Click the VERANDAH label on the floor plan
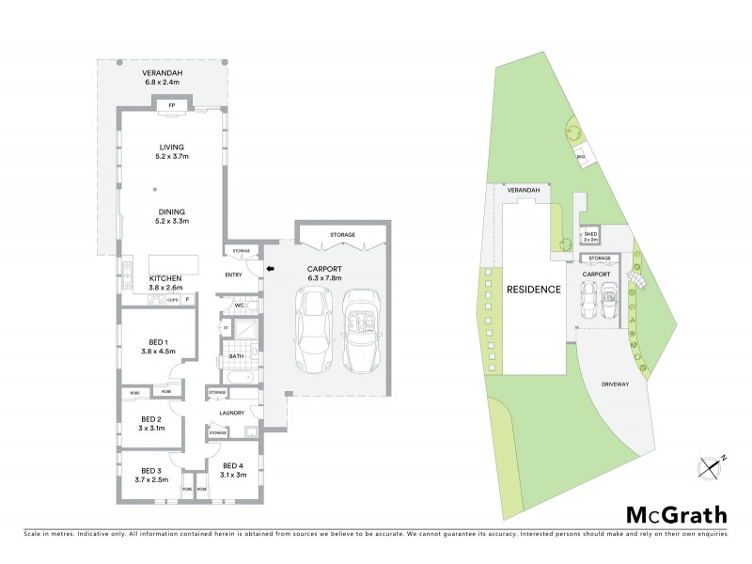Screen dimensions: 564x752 pyautogui.click(x=163, y=72)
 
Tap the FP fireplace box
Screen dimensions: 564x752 pyautogui.click(x=172, y=106)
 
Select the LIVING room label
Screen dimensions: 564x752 pyautogui.click(x=172, y=147)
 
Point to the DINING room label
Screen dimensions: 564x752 pyautogui.click(x=172, y=211)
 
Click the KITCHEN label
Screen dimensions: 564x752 pyautogui.click(x=165, y=278)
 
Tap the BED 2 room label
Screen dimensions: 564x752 pyautogui.click(x=152, y=418)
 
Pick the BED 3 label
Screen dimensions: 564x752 pyautogui.click(x=152, y=470)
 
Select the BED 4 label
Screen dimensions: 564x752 pyautogui.click(x=233, y=465)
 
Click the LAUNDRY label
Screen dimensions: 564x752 pyautogui.click(x=231, y=413)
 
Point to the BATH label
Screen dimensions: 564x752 pyautogui.click(x=237, y=356)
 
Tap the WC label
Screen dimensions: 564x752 pyautogui.click(x=240, y=305)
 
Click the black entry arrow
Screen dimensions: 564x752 pyautogui.click(x=271, y=270)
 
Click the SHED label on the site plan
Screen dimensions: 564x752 pyautogui.click(x=591, y=236)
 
